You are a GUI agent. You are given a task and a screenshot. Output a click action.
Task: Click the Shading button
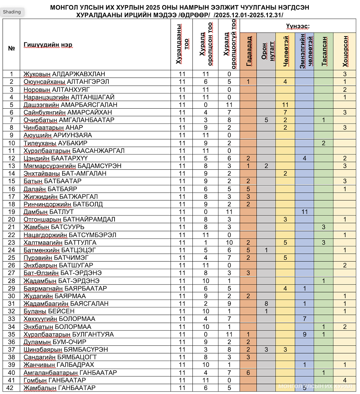pyautogui.click(x=12, y=12)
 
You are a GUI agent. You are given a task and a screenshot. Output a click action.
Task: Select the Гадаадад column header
pyautogui.click(x=248, y=51)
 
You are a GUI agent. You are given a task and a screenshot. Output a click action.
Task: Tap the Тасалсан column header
pyautogui.click(x=324, y=51)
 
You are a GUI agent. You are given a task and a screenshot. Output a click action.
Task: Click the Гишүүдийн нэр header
pyautogui.click(x=48, y=45)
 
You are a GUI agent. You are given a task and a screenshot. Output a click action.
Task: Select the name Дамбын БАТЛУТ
pyautogui.click(x=49, y=212)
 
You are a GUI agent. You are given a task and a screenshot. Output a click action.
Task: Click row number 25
pyautogui.click(x=11, y=258)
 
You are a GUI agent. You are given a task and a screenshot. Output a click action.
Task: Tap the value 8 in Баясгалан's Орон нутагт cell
pyautogui.click(x=266, y=304)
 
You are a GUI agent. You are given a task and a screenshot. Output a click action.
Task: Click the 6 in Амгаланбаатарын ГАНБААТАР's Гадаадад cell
pyautogui.click(x=248, y=372)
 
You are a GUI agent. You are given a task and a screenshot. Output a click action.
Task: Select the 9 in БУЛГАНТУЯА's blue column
pyautogui.click(x=304, y=334)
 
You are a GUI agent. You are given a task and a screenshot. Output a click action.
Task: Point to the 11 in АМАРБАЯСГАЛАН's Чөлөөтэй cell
pyautogui.click(x=285, y=105)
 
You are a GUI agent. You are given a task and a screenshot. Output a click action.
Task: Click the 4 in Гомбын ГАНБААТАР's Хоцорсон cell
pyautogui.click(x=345, y=380)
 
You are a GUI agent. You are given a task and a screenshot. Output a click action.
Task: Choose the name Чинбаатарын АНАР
pyautogui.click(x=53, y=128)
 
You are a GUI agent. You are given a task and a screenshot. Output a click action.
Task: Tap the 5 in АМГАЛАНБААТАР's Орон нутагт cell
pyautogui.click(x=266, y=120)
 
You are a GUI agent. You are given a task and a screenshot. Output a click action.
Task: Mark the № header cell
pyautogui.click(x=11, y=48)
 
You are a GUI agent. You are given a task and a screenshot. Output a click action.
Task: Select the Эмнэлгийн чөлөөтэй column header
pyautogui.click(x=304, y=51)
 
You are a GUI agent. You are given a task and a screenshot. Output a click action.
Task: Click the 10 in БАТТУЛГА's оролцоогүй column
pyautogui.click(x=229, y=243)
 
